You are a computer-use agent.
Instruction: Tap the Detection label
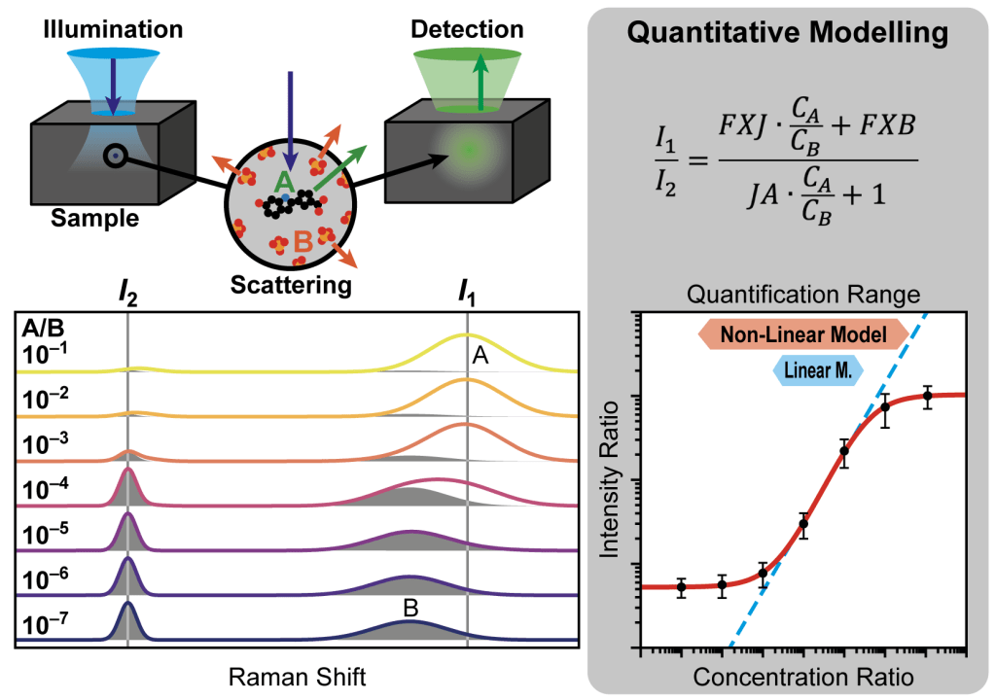[468, 30]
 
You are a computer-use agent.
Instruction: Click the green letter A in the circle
[283, 181]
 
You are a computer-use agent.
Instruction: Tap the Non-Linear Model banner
[796, 335]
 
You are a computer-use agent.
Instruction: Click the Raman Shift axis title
[298, 677]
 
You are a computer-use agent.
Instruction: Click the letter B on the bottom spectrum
[410, 609]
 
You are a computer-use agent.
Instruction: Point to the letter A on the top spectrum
[480, 358]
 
